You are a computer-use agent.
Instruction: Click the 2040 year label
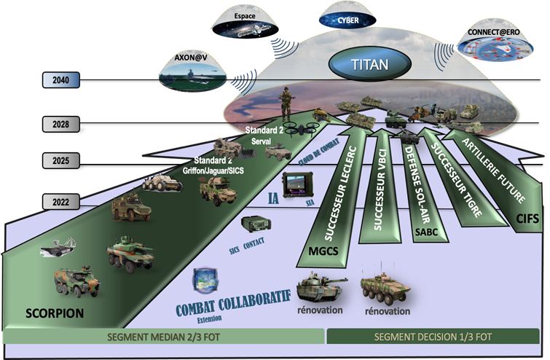[60, 80]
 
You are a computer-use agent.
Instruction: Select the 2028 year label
[60, 124]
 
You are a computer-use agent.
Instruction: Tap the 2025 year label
[60, 160]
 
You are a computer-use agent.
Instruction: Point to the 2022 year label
[60, 200]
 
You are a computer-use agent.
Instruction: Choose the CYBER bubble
[347, 20]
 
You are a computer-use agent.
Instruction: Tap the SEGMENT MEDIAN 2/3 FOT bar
[164, 337]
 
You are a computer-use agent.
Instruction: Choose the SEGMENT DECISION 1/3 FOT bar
[434, 337]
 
